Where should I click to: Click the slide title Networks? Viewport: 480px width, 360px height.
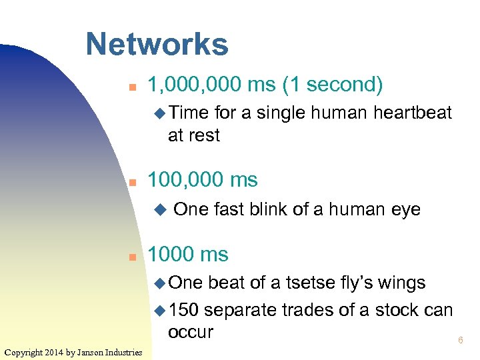tap(157, 45)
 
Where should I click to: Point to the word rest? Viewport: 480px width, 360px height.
tap(203, 135)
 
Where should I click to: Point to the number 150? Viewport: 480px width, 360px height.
tap(184, 310)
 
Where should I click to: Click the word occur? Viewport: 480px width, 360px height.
tap(191, 332)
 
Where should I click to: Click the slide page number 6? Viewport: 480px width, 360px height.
tap(460, 341)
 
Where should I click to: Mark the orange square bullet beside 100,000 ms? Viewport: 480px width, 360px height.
tap(133, 181)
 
